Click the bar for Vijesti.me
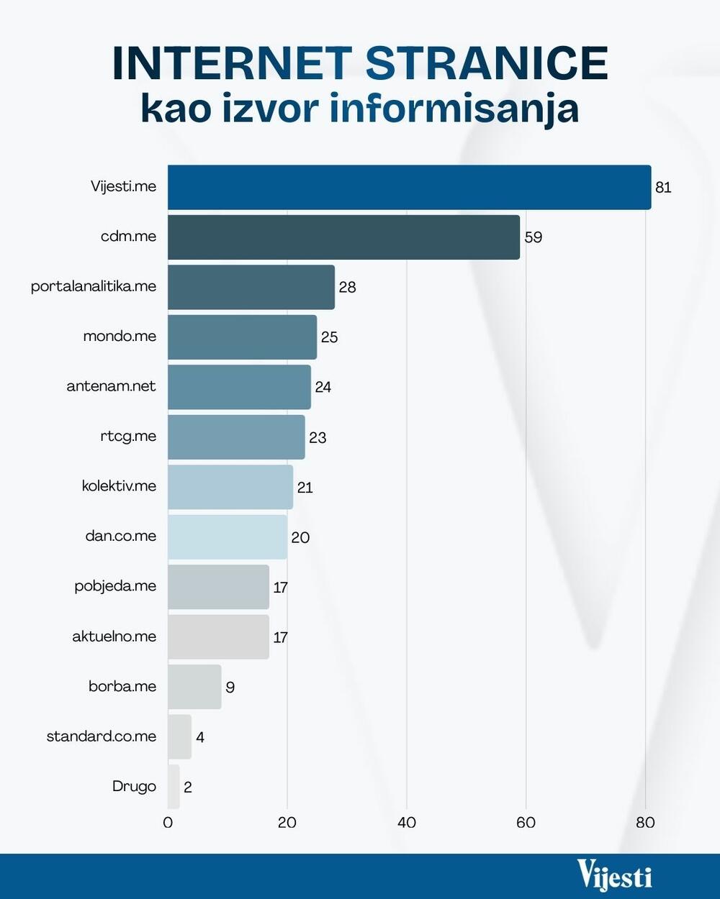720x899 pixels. click(409, 187)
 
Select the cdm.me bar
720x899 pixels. click(343, 237)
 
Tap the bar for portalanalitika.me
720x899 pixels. click(251, 287)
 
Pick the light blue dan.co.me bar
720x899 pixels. click(228, 537)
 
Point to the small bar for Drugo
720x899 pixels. click(174, 787)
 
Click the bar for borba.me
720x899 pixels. click(194, 687)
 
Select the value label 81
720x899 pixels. click(663, 188)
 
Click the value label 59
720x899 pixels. click(533, 237)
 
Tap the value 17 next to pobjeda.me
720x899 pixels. click(280, 588)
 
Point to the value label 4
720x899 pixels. click(200, 737)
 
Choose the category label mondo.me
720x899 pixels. click(120, 337)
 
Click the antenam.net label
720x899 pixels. click(111, 386)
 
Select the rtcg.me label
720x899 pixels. click(128, 436)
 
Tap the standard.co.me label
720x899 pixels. click(102, 736)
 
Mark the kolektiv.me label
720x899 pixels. click(119, 486)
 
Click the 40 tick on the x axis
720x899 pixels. click(407, 823)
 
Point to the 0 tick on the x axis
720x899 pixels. click(168, 823)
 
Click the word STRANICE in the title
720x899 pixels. click(487, 63)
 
